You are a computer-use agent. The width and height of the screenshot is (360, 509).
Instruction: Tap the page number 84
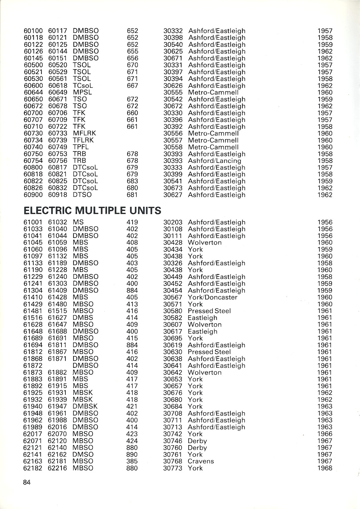coord(26,483)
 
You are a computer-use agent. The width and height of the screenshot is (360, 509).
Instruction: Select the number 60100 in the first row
coord(33,31)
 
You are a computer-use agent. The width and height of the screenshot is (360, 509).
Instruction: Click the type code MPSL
coord(82,92)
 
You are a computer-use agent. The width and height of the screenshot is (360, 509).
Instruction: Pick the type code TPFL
coord(81,147)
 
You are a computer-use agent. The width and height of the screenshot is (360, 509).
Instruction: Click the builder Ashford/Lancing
coord(214,161)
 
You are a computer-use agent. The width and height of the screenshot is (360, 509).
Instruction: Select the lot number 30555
coord(173,92)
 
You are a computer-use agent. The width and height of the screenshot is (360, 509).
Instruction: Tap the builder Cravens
coord(201,461)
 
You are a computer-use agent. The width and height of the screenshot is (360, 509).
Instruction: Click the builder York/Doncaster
coord(212,297)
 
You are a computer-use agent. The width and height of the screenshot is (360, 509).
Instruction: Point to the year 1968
coord(325,468)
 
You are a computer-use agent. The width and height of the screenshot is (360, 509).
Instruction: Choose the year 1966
coord(325,434)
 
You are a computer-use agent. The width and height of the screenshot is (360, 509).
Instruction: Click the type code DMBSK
coord(85,406)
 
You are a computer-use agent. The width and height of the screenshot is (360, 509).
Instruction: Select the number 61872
coord(33,365)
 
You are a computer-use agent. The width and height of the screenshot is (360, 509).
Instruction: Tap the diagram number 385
coord(132,461)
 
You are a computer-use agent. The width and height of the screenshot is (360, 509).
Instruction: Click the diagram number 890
coord(132,454)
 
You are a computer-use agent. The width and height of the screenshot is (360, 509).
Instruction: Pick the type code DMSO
coord(83,454)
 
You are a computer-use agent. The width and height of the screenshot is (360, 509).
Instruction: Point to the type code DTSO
coord(82,195)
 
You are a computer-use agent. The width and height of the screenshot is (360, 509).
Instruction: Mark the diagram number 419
coord(132,222)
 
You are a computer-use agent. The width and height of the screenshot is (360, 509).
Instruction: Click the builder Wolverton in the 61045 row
coord(205,243)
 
